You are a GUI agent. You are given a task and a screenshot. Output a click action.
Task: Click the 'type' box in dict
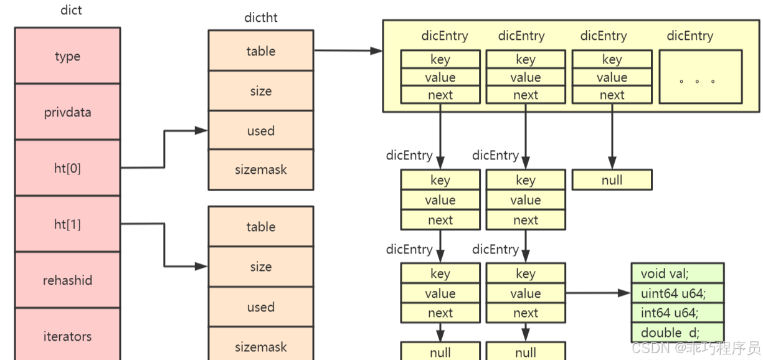pos(67,56)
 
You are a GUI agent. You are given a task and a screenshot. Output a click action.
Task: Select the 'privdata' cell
pos(67,112)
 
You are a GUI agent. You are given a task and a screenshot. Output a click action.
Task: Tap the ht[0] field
pos(67,168)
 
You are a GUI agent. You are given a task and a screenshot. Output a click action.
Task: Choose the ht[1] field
pos(67,224)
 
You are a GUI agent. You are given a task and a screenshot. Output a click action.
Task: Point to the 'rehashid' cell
pos(67,280)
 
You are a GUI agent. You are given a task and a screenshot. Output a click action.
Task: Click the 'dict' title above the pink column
pos(72,10)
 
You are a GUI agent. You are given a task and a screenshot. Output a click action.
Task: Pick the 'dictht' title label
pos(260,17)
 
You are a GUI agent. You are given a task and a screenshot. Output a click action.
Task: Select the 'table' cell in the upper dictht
pos(260,51)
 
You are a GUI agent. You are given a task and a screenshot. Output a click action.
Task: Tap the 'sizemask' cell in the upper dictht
pos(260,169)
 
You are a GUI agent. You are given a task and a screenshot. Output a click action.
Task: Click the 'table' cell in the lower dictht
pos(260,227)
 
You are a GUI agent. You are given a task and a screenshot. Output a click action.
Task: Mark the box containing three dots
pos(700,77)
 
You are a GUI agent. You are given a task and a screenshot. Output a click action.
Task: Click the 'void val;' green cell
pos(677,273)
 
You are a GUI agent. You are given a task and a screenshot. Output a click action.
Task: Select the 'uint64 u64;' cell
pos(677,293)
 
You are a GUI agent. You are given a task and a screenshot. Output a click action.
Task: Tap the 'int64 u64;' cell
pos(677,313)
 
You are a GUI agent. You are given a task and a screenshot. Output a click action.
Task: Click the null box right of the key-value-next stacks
pos(612,180)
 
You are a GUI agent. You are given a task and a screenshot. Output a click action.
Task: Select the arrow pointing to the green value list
pos(598,293)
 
